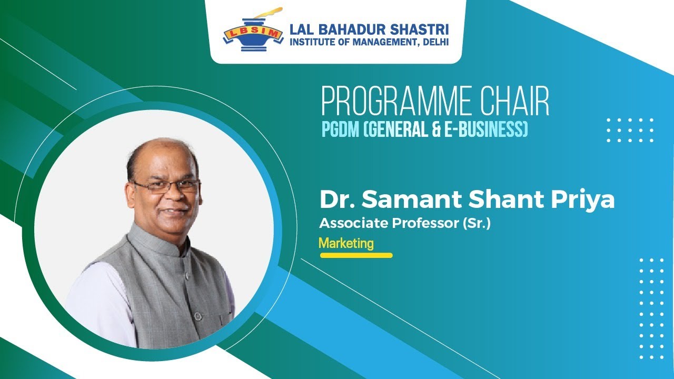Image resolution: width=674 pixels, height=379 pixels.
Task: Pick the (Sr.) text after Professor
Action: point(476,223)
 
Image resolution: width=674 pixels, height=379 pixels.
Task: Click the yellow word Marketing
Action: point(346,243)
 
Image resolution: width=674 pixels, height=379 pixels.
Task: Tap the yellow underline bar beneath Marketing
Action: point(356,255)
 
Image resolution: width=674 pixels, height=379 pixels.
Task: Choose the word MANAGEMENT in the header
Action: point(378,42)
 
